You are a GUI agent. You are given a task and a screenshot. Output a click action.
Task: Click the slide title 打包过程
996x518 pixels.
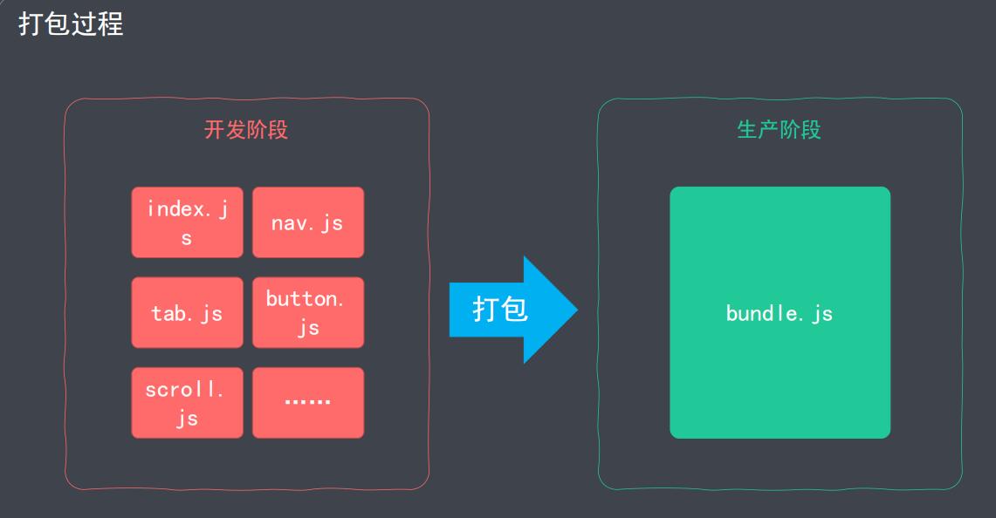pos(71,24)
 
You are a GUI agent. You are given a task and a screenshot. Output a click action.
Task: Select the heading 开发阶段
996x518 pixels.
pos(246,130)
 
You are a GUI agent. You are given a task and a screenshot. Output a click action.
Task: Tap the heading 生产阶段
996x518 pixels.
pos(779,130)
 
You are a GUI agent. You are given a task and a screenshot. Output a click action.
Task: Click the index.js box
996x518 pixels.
pos(187,222)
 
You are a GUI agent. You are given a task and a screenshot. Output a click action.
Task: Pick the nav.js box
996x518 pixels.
pos(307,222)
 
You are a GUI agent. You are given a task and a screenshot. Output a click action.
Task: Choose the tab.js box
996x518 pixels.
pos(187,312)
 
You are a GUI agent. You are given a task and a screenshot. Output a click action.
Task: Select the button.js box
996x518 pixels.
pos(307,312)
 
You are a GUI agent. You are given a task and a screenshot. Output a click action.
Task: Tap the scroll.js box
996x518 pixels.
pos(187,402)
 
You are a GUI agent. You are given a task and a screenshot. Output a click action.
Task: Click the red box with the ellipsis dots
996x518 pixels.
pos(307,402)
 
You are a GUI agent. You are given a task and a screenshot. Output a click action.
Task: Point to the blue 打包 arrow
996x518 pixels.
pos(512,309)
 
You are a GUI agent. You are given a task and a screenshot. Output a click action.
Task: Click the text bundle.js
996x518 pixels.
pos(780,313)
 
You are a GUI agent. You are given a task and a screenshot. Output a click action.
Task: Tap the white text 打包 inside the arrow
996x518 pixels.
pos(500,309)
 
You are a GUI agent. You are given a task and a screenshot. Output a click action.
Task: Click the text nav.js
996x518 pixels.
pos(307,223)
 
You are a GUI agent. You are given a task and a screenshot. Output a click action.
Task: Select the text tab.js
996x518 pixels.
pos(187,313)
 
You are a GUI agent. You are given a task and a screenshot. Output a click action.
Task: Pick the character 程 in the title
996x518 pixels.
pos(111,24)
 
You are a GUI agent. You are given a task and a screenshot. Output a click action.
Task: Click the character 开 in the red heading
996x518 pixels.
pos(215,130)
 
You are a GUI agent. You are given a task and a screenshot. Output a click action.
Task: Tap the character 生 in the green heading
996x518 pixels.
pos(747,130)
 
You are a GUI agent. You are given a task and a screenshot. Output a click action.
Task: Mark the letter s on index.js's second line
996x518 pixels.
pos(187,238)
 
